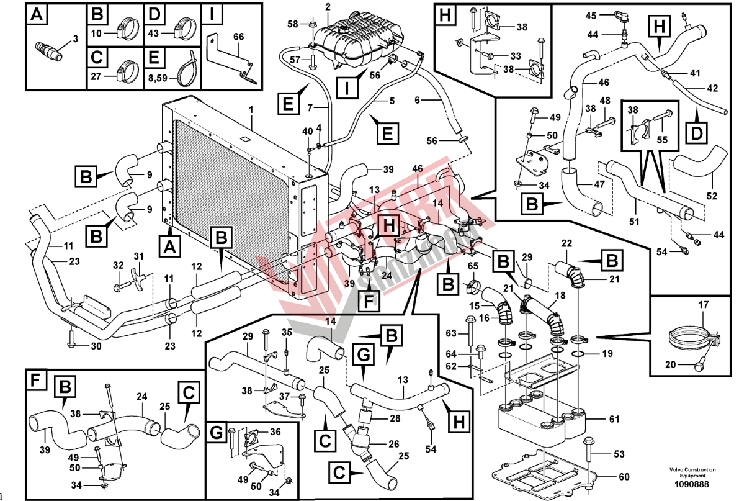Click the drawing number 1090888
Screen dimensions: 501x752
(692, 484)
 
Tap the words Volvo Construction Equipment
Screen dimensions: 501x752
(692, 472)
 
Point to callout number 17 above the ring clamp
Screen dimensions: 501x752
(703, 305)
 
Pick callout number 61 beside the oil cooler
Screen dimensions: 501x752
(614, 420)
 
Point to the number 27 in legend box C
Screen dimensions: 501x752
(96, 77)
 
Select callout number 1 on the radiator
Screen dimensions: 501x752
(251, 109)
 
